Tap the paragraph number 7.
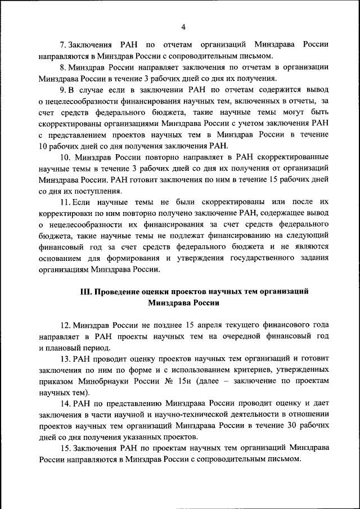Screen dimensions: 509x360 pos(63,44)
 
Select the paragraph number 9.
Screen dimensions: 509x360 pos(63,89)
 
